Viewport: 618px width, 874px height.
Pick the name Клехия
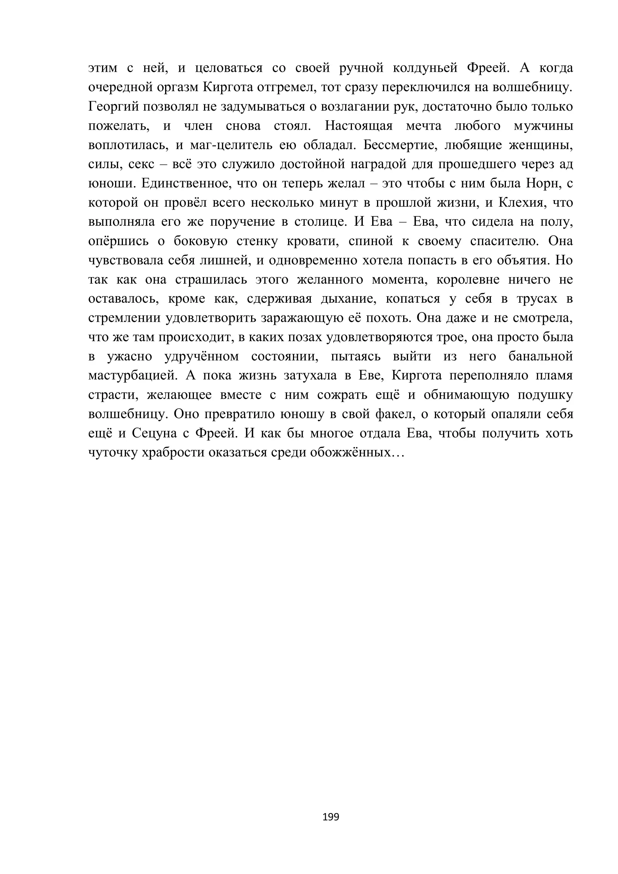522,203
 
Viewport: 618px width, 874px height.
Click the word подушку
545,395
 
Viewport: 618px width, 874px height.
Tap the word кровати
312,241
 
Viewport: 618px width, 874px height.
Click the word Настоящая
359,126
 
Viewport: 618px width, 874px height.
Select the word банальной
540,356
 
